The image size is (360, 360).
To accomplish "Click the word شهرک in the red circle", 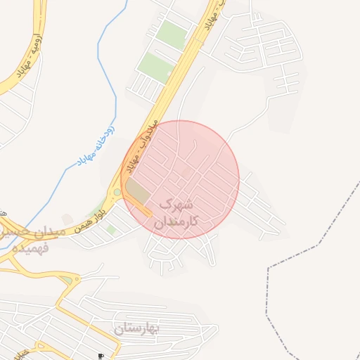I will (x=176, y=205).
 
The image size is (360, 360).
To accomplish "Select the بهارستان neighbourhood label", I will (x=137, y=328).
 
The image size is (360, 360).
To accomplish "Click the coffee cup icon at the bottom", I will (x=101, y=356).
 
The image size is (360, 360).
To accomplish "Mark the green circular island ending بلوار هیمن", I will (x=117, y=191).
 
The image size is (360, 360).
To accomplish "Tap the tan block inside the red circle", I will (x=138, y=192).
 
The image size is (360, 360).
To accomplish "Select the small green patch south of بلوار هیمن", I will (x=111, y=229).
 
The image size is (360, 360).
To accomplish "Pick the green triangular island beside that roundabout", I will (x=66, y=281).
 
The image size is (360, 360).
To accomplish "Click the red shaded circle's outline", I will (x=239, y=179).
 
